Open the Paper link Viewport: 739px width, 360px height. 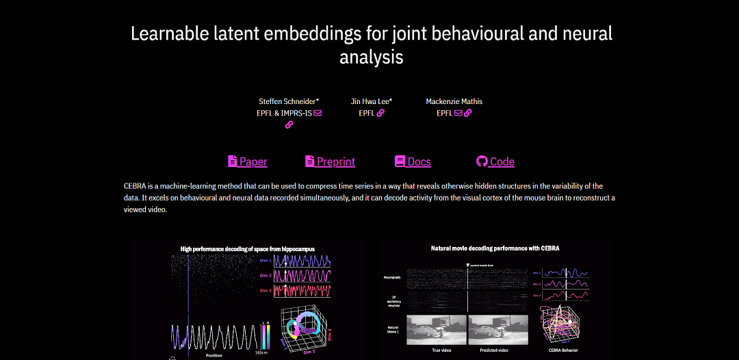tap(247, 162)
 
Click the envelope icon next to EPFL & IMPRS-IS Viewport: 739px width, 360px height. tap(317, 113)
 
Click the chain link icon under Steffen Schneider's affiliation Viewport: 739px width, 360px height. tap(289, 125)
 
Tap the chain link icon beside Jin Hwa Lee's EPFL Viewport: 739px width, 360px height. tap(380, 113)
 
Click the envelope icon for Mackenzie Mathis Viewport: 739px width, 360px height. tap(458, 113)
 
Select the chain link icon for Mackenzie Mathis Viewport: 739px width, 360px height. tap(468, 113)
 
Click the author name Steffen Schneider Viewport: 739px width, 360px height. tap(288, 101)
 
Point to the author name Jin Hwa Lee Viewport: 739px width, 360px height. tap(371, 101)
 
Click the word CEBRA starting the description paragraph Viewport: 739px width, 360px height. tap(135, 186)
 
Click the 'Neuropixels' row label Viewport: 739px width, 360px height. tap(392, 277)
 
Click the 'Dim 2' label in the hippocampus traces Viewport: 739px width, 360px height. tap(264, 275)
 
